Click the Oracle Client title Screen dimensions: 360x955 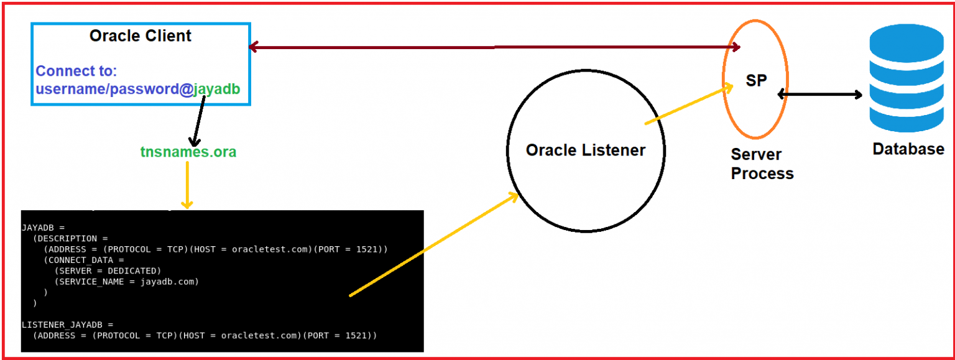[x=141, y=36]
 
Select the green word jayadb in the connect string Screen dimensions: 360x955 [x=216, y=90]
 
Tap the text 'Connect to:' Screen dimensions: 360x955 [x=76, y=71]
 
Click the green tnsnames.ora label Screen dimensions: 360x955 [x=188, y=152]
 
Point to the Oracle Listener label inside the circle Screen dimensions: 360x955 [x=586, y=150]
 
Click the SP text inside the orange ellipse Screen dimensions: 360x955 [x=756, y=81]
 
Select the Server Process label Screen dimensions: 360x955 [x=762, y=164]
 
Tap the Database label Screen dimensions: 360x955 [x=908, y=149]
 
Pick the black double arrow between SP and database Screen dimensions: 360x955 [x=820, y=95]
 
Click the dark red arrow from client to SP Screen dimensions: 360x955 [x=494, y=47]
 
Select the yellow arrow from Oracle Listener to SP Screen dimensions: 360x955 [x=689, y=105]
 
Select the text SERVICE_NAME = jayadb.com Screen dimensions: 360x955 [x=127, y=282]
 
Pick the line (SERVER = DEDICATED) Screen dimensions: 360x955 [x=108, y=270]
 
